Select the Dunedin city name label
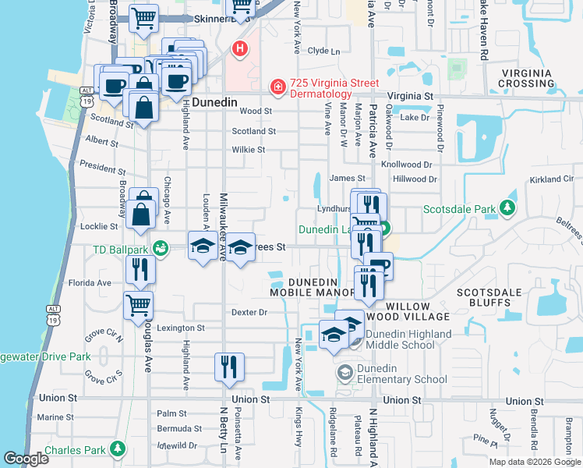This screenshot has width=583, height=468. click(x=221, y=101)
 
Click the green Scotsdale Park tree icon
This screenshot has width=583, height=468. click(x=507, y=208)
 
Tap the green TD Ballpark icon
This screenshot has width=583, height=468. click(x=161, y=250)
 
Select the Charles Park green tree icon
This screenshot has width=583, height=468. click(x=117, y=449)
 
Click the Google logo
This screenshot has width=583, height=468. click(x=26, y=459)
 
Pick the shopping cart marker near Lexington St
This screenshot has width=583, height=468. click(x=138, y=305)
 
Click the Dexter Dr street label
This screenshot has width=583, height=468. click(x=249, y=312)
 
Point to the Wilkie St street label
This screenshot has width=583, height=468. click(x=249, y=150)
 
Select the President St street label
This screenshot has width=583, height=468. click(x=102, y=168)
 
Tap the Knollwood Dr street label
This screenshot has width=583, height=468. click(x=406, y=165)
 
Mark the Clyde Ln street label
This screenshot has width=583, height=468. click(x=324, y=51)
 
